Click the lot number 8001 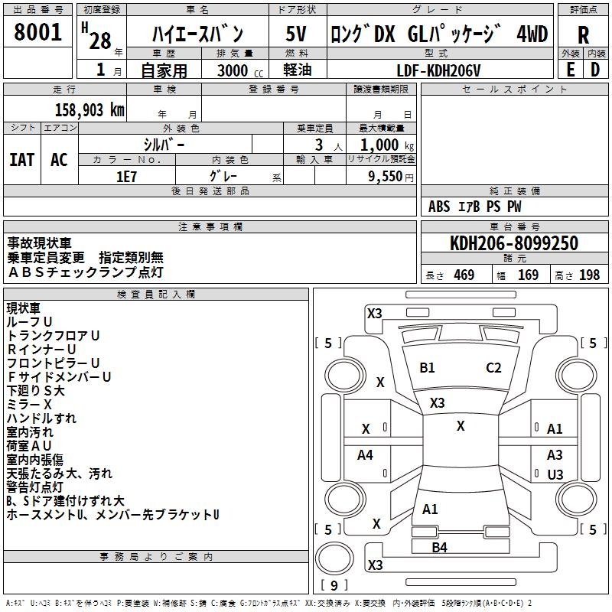point(38,33)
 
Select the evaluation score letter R point(583,35)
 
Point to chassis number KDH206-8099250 point(514,244)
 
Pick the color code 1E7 point(126,175)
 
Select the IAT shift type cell point(22,159)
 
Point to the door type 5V point(298,34)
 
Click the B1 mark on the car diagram point(427,368)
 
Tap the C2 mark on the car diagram point(493,368)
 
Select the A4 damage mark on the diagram point(366,455)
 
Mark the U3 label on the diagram point(555,475)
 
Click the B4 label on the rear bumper point(439,547)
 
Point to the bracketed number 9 point(334,585)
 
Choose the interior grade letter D point(594,69)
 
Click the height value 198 point(589,275)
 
